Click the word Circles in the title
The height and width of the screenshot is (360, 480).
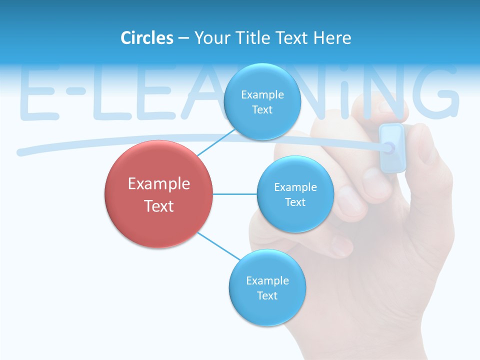point(146,38)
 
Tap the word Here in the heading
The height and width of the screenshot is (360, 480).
point(332,38)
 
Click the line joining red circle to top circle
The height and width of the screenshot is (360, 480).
point(216,142)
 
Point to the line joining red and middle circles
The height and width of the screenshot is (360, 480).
point(235,193)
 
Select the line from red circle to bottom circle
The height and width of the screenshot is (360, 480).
point(219,246)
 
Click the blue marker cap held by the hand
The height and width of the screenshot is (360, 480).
point(392,148)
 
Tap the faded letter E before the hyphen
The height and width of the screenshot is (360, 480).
point(38,95)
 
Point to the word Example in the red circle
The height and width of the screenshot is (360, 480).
point(159,184)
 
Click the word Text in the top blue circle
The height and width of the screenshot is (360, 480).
point(262,110)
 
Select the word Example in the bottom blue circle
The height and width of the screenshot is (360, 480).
point(267,280)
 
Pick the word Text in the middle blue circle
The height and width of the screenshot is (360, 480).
point(295,202)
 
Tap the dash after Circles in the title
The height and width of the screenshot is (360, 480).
point(183,38)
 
